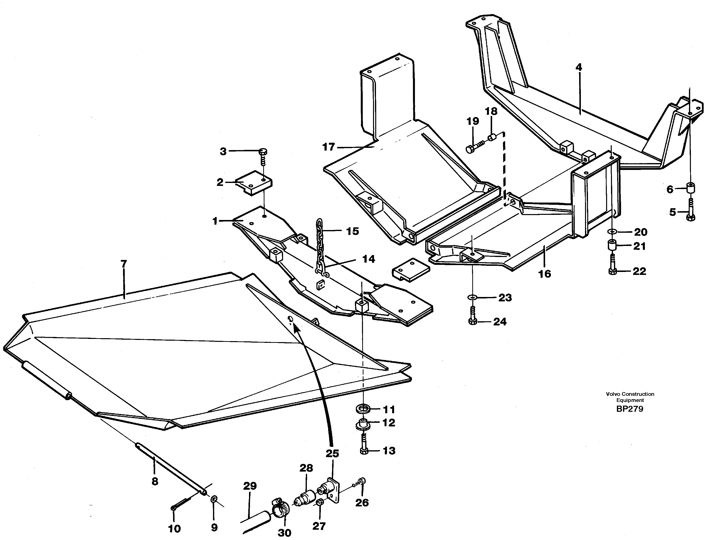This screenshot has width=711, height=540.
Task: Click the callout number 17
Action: click(328, 147)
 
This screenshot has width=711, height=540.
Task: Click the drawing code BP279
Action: click(630, 409)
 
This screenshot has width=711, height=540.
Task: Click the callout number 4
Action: click(579, 67)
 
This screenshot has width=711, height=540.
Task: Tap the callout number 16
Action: click(545, 274)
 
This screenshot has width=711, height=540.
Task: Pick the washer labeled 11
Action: click(363, 409)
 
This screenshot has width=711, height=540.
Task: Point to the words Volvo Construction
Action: click(630, 394)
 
